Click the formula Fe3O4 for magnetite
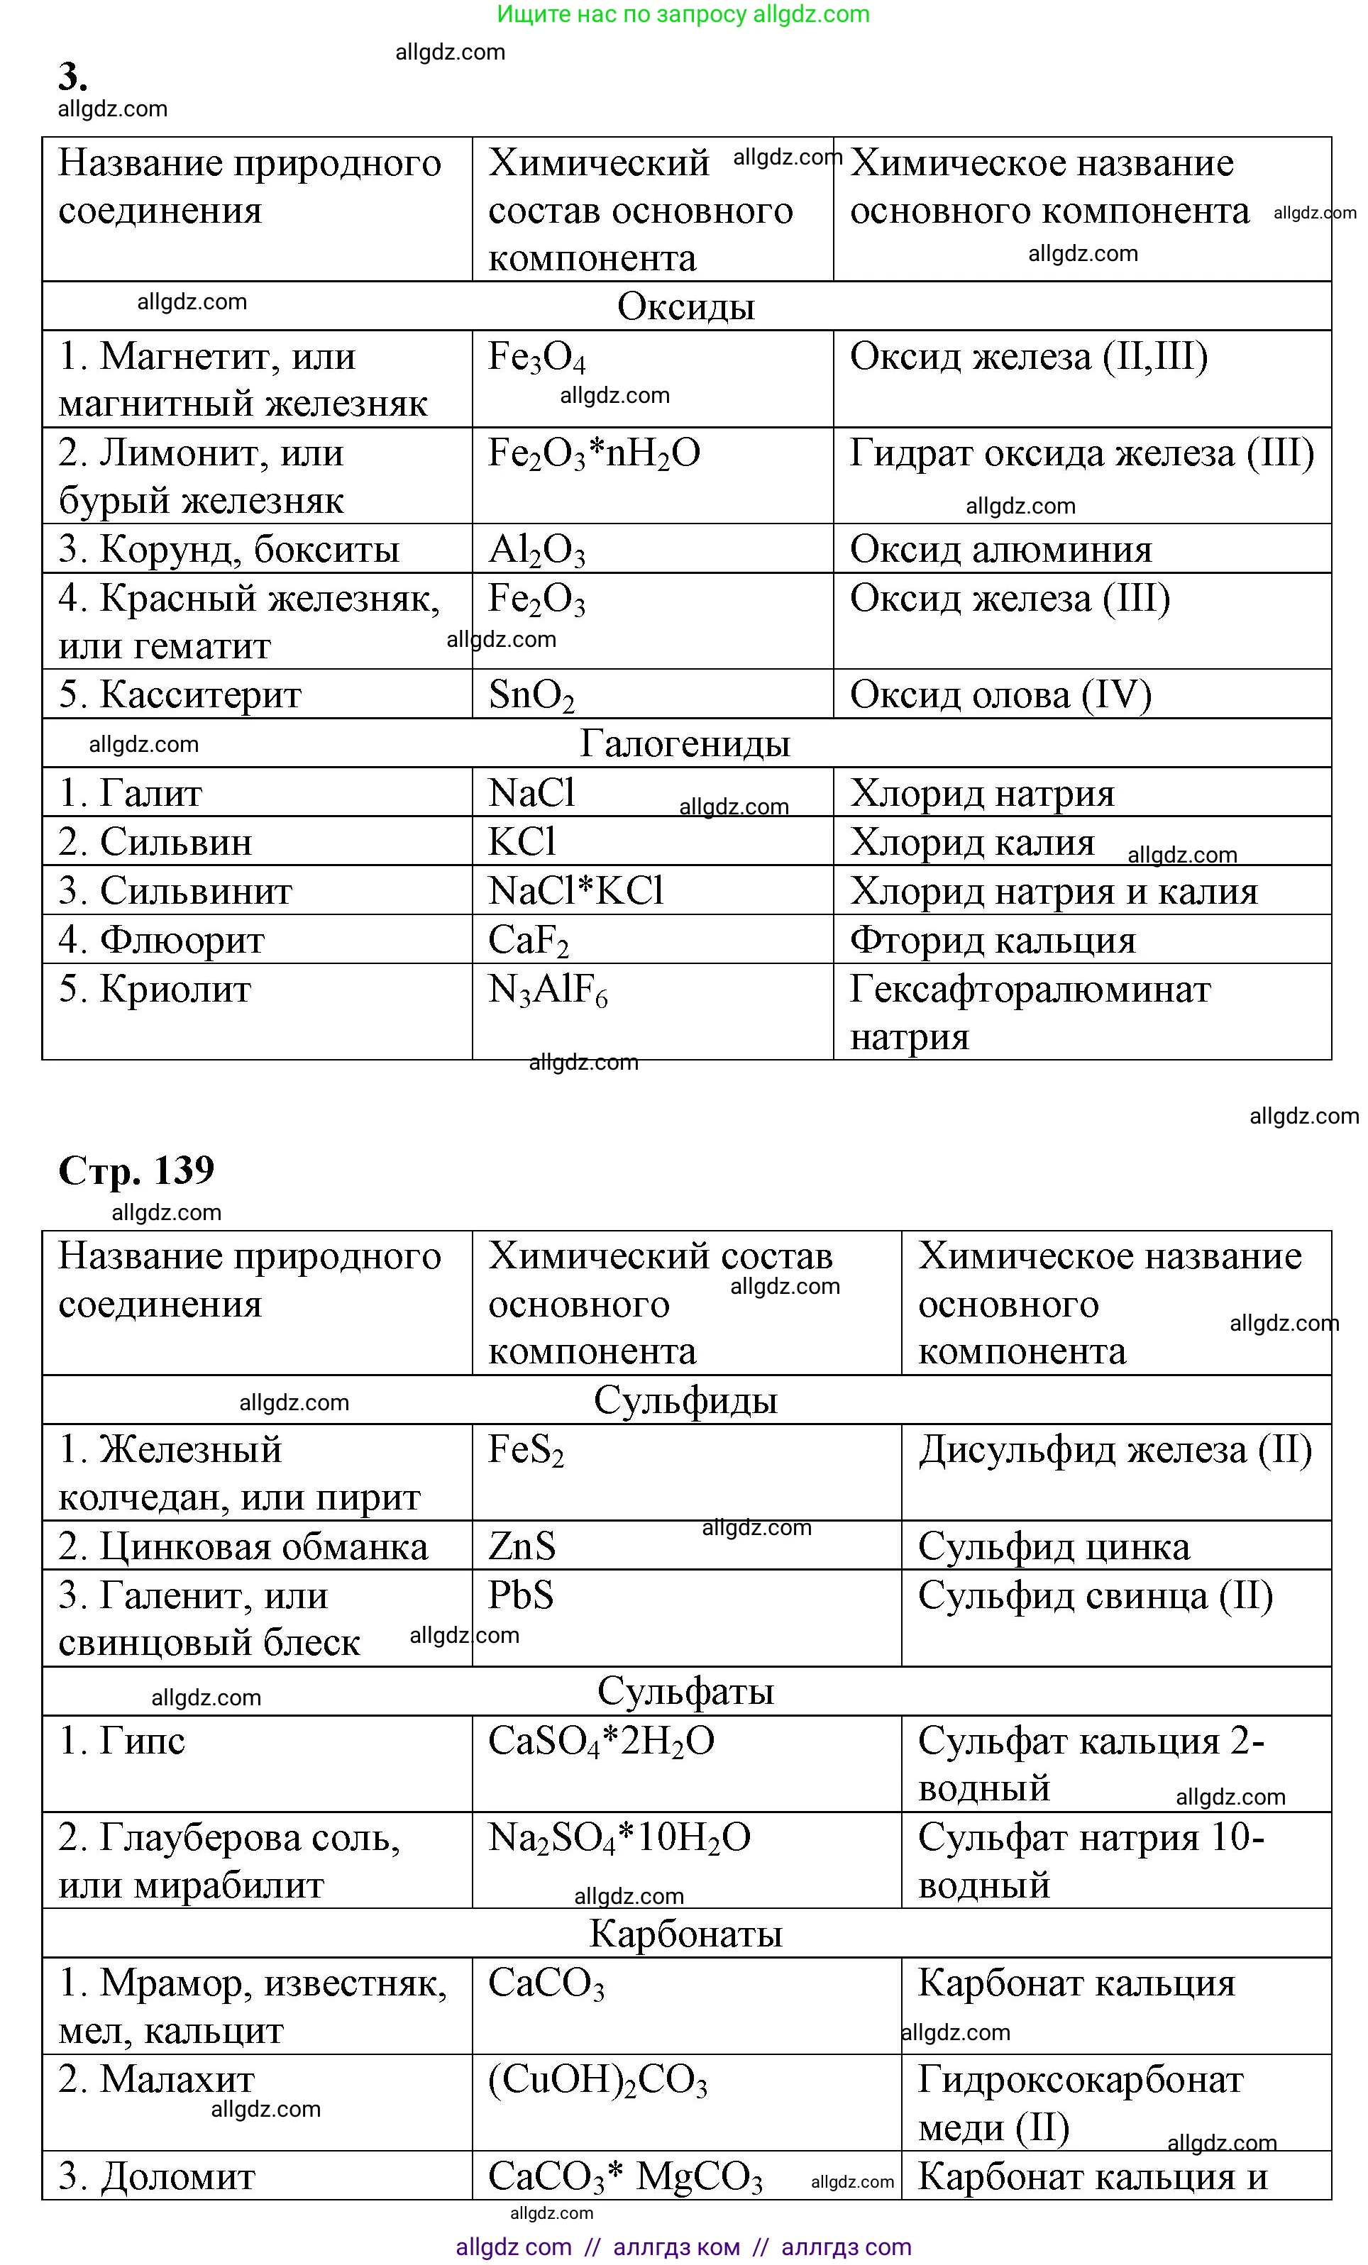pyautogui.click(x=536, y=358)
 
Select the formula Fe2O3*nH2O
pyautogui.click(x=594, y=454)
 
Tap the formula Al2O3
pyautogui.click(x=536, y=550)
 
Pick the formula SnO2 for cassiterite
pyautogui.click(x=531, y=695)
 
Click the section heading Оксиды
pyautogui.click(x=686, y=307)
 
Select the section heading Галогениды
pyautogui.click(x=685, y=743)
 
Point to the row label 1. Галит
pyautogui.click(x=131, y=793)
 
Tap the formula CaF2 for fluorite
pyautogui.click(x=528, y=941)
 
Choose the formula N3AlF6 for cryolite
pyautogui.click(x=547, y=991)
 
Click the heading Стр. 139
pyautogui.click(x=136, y=1170)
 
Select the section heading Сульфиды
pyautogui.click(x=685, y=1400)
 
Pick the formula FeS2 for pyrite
pyautogui.click(x=525, y=1451)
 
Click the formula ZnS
pyautogui.click(x=522, y=1546)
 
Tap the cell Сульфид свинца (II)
pyautogui.click(x=1095, y=1596)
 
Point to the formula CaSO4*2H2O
pyautogui.click(x=600, y=1741)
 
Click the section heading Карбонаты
pyautogui.click(x=685, y=1934)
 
